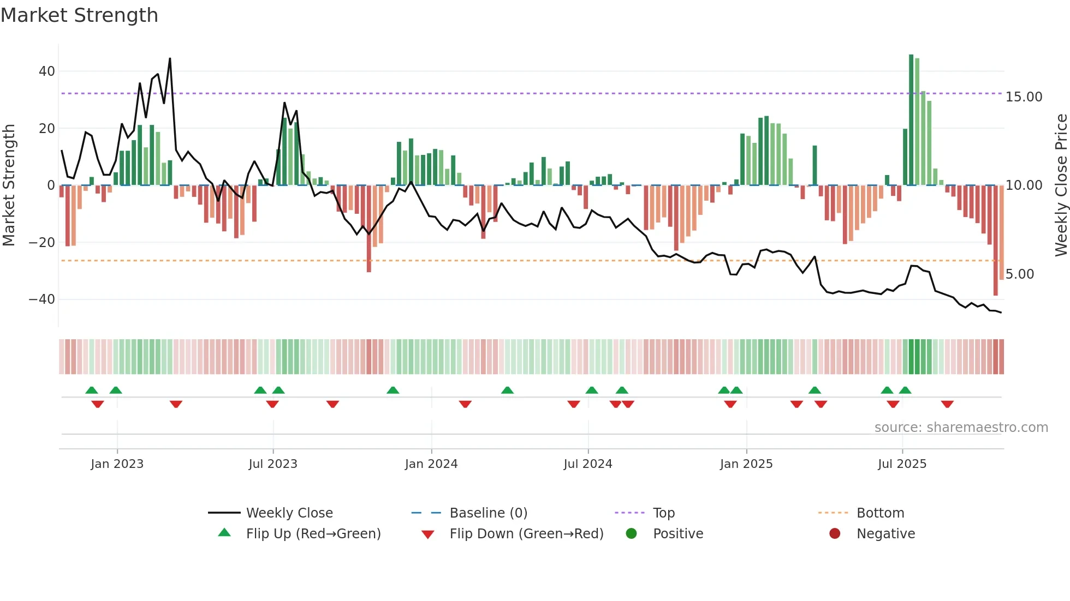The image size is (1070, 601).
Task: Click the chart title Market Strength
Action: (79, 15)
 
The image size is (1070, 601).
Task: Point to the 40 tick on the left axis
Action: (47, 71)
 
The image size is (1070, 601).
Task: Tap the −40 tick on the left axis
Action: (42, 299)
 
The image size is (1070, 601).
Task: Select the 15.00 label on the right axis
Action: (1024, 97)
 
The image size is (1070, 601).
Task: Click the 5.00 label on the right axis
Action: (1019, 274)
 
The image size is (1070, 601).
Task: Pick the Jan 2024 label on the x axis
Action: (431, 464)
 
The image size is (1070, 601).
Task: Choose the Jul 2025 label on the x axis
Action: (902, 464)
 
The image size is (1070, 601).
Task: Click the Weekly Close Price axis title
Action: (1061, 185)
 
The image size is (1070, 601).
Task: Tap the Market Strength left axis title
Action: (9, 185)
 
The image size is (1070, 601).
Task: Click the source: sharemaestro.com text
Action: (961, 428)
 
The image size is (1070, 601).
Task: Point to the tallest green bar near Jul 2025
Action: (911, 120)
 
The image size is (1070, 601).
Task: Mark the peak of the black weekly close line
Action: (170, 59)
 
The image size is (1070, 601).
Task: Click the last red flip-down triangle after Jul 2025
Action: (947, 404)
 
